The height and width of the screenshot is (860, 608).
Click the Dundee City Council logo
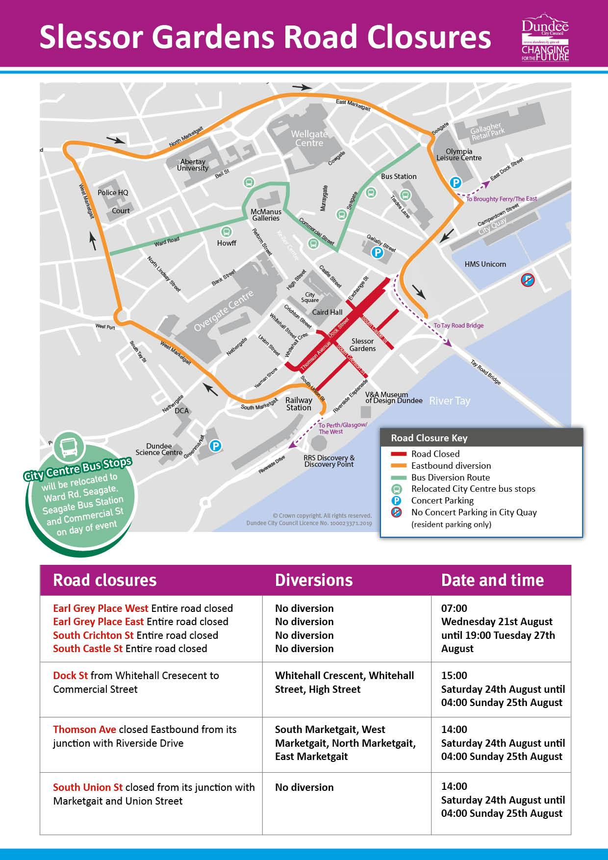[x=545, y=37]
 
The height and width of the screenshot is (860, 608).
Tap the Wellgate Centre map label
[x=309, y=138]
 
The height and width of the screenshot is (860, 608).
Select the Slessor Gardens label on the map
[x=362, y=345]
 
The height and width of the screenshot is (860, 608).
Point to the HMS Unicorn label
[x=485, y=264]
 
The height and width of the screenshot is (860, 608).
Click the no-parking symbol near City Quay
[x=528, y=280]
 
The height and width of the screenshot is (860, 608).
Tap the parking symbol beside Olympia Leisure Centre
[x=456, y=183]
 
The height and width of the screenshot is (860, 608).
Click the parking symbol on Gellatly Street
[x=377, y=253]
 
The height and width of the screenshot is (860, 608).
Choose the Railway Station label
[x=299, y=404]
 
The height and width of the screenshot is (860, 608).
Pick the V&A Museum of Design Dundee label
[x=393, y=398]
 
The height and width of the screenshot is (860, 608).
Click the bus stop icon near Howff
[x=226, y=231]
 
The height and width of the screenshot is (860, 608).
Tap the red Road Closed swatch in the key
[x=399, y=454]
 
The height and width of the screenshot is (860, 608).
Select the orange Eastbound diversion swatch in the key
[x=399, y=466]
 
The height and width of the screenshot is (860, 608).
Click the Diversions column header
[x=314, y=580]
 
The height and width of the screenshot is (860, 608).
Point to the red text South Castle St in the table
[x=88, y=649]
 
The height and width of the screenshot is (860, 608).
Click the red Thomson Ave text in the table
[x=84, y=730]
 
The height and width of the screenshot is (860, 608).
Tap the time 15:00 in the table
[x=454, y=676]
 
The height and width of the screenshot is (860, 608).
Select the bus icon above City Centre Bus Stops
[x=69, y=447]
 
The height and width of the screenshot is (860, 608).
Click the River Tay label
[x=450, y=401]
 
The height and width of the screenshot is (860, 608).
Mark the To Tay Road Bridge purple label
[x=458, y=326]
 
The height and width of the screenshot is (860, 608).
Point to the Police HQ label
[x=113, y=193]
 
